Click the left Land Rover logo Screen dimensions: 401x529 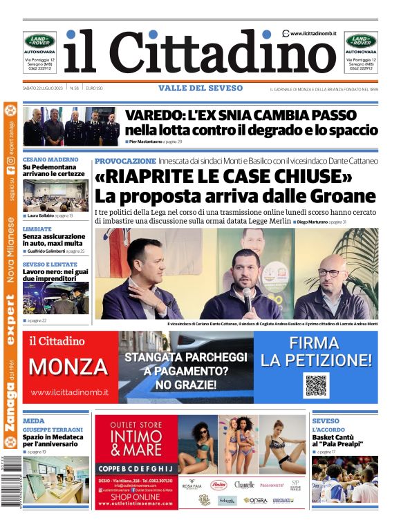pyautogui.click(x=39, y=41)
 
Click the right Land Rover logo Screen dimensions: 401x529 pyautogui.click(x=361, y=41)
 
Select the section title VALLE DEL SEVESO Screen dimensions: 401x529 pyautogui.click(x=200, y=88)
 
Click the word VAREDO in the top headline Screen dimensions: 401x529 pyautogui.click(x=153, y=115)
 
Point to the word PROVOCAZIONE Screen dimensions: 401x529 pyautogui.click(x=125, y=160)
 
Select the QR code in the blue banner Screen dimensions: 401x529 pyautogui.click(x=315, y=385)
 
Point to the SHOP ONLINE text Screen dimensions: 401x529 pyautogui.click(x=136, y=497)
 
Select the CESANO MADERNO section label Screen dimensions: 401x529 pyautogui.click(x=50, y=160)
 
